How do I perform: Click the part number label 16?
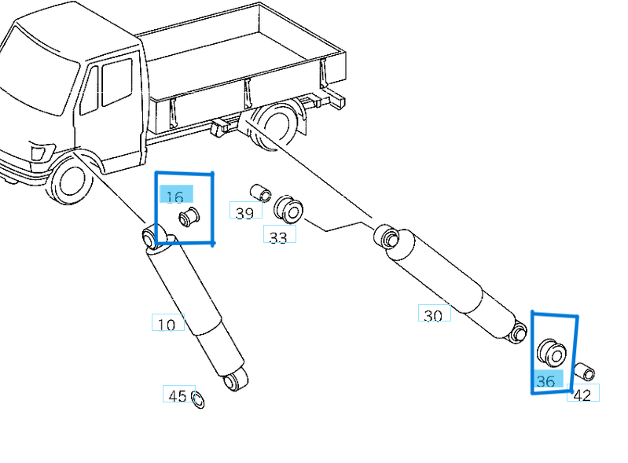175,197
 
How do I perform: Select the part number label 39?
244,212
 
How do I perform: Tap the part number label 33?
278,237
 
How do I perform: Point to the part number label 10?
167,324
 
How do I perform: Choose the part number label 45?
178,395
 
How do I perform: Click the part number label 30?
433,315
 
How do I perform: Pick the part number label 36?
545,381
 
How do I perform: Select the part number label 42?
582,395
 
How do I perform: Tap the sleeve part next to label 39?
260,193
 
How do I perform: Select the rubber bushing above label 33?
288,209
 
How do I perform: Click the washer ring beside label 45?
198,400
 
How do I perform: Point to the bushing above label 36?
551,353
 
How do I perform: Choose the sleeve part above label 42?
584,372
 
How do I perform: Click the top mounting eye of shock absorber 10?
152,237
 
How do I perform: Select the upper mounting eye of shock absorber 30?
384,235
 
